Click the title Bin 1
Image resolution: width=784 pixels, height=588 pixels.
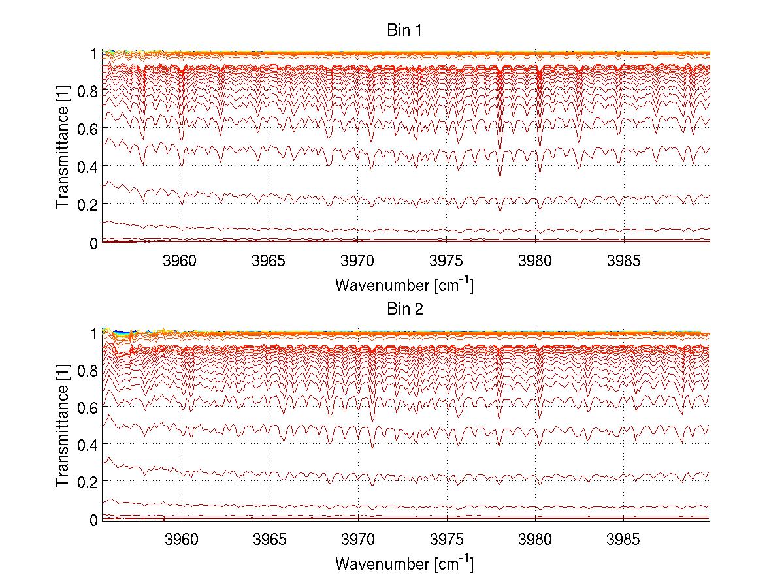click(404, 30)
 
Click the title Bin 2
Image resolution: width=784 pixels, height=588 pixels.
click(404, 309)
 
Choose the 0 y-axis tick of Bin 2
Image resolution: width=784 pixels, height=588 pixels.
click(94, 520)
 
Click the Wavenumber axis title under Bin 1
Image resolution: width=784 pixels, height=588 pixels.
click(404, 285)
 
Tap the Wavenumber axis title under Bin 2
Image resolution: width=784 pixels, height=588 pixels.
click(404, 563)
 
